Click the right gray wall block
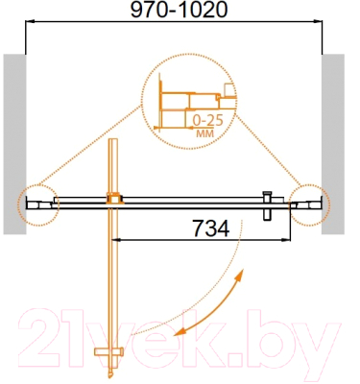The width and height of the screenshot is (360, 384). tap(333, 144)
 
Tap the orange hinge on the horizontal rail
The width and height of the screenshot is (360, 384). tap(115, 201)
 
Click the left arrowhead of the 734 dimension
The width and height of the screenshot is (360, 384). tap(121, 240)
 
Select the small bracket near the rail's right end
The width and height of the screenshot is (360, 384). tap(269, 201)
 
